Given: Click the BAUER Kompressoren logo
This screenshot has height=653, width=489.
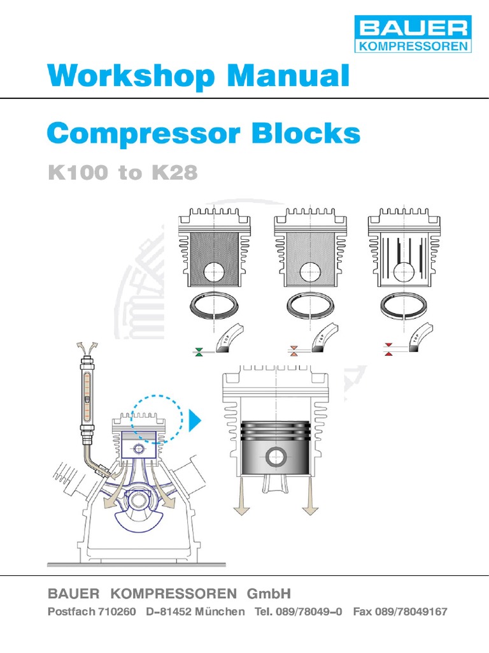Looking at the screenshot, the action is point(413,34).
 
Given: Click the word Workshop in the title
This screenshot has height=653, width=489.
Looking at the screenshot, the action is point(131,76).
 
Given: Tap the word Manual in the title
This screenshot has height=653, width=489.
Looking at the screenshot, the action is point(288,75).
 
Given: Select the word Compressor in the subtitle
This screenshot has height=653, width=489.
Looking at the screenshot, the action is point(144,134).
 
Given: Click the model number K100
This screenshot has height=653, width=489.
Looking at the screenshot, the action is point(78,172).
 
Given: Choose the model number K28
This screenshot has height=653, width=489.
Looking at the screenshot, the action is point(174,172).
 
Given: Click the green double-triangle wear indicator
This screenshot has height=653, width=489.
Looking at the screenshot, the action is point(199,351).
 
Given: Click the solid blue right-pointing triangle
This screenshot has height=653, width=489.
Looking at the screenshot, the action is point(195,420).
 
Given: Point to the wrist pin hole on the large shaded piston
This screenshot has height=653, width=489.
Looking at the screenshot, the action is point(276,457).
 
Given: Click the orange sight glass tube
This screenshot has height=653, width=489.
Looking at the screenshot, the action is point(87,395).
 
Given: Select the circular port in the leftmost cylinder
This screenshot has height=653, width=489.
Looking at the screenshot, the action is point(214,273).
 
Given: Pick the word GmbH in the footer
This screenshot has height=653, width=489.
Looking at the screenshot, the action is point(269,594).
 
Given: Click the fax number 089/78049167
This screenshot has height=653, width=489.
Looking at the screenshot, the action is point(411,612).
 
